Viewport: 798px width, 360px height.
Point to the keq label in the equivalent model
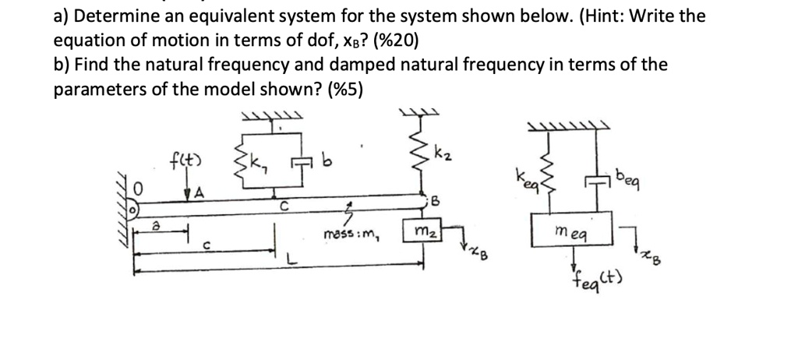(x=522, y=177)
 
